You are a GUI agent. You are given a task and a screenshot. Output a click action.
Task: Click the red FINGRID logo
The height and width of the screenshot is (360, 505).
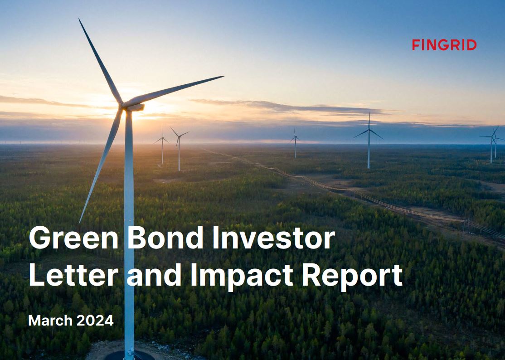point(444,45)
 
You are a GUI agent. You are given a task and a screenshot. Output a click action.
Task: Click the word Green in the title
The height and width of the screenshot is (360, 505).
point(74,238)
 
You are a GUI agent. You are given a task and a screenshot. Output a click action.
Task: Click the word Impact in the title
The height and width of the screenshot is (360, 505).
point(242,277)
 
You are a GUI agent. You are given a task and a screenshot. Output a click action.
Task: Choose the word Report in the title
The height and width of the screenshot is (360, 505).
point(352,277)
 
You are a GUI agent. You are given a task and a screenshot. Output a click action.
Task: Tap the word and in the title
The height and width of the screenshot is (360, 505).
point(154,275)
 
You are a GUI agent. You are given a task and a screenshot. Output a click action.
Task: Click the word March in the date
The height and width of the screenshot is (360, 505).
point(50,321)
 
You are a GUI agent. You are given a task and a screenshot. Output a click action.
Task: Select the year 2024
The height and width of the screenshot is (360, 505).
point(95,321)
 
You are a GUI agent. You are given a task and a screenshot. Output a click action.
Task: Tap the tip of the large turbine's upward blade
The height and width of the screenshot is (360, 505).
point(79,19)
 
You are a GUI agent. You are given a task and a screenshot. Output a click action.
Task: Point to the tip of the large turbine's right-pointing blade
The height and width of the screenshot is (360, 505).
point(223,77)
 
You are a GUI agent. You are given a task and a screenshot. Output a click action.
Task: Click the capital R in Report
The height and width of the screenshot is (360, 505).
point(311,275)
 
